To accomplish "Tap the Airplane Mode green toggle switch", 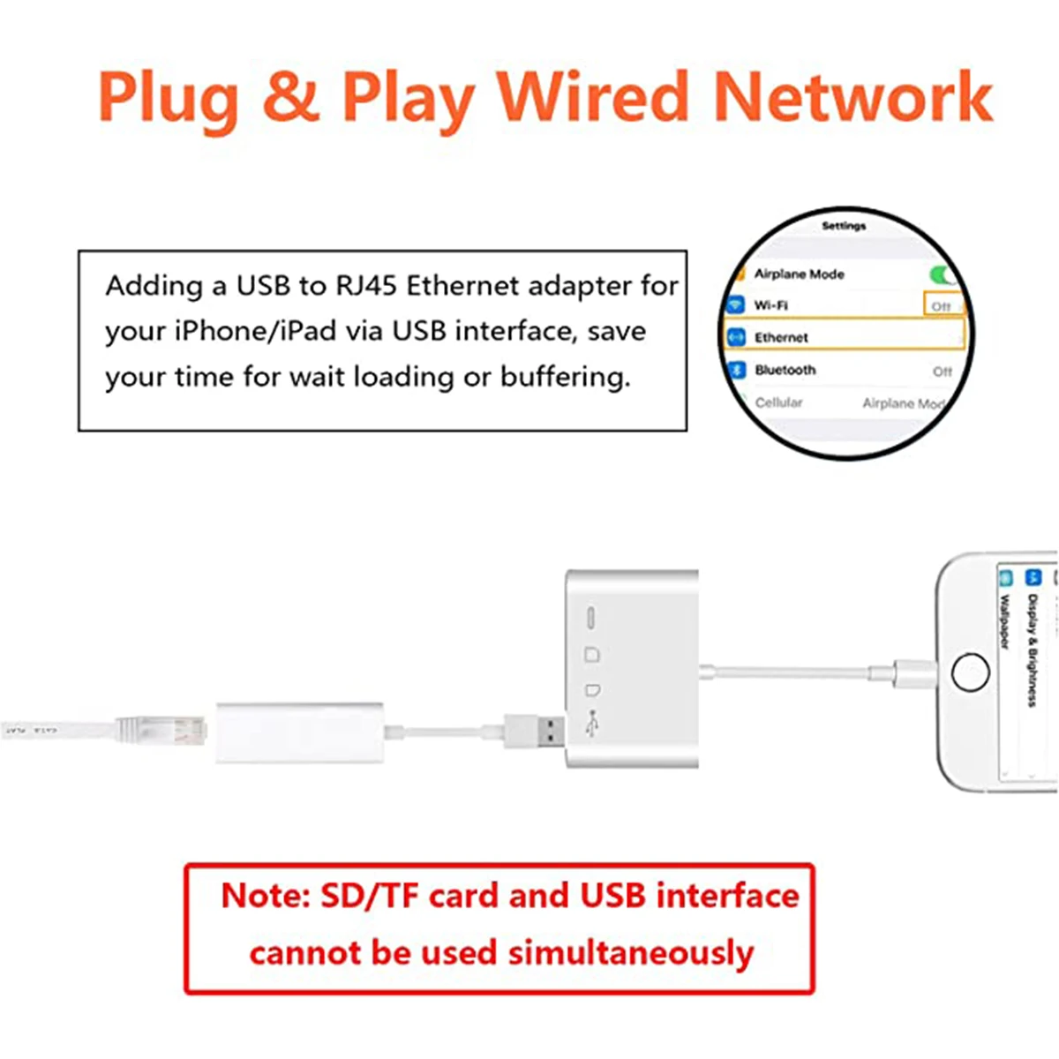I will [x=943, y=274].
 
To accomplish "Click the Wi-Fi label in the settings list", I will [x=770, y=305].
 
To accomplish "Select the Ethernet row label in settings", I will [x=781, y=337].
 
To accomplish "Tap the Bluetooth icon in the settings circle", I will [x=737, y=370].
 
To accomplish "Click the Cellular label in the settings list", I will [x=778, y=402].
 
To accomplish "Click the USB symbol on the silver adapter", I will [x=592, y=724].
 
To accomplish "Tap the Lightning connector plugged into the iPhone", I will [x=909, y=673].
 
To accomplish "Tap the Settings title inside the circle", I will [x=844, y=226].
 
